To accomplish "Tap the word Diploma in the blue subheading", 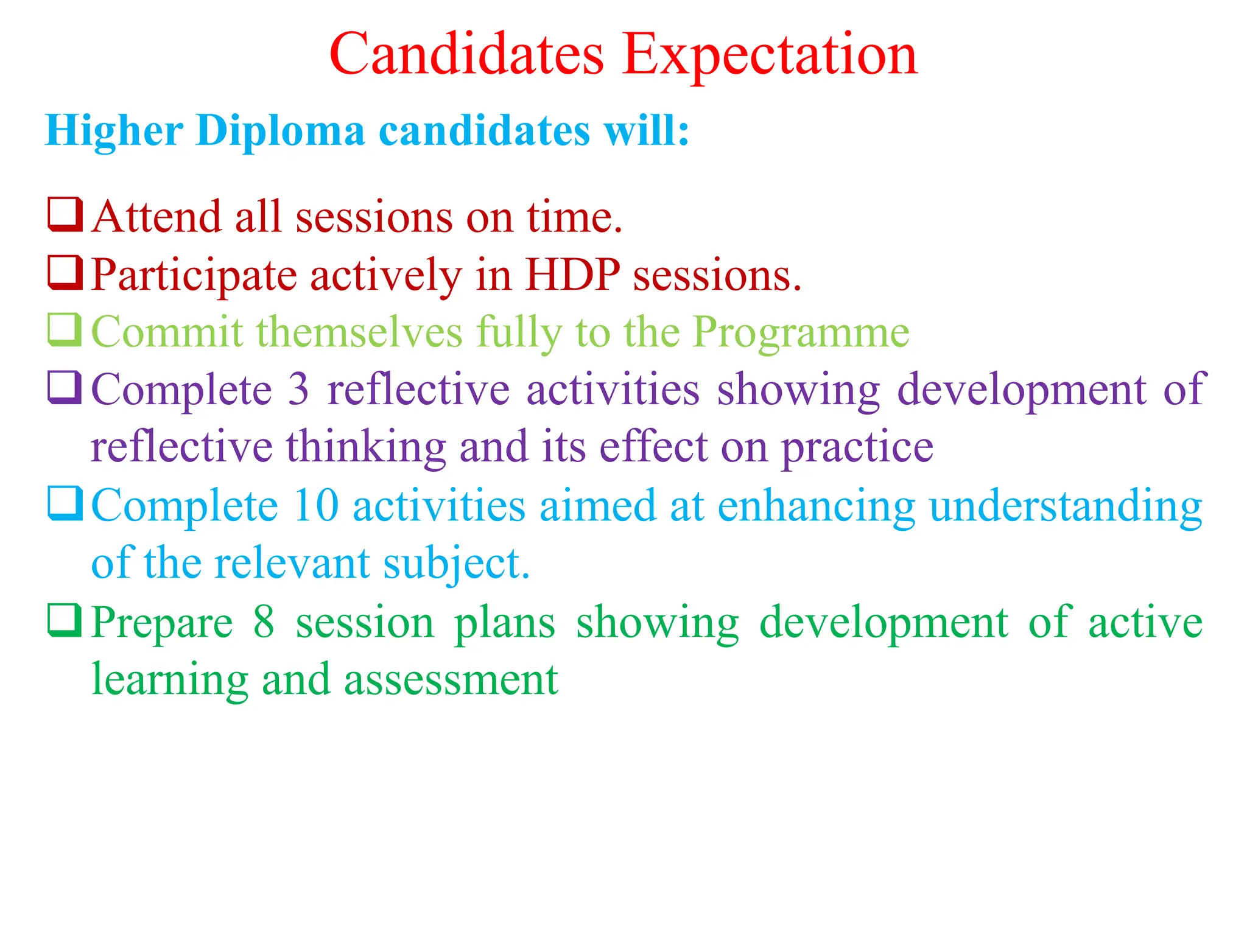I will click(280, 130).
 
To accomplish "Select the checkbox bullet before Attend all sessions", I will click(65, 214).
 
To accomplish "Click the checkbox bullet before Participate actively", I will click(65, 272).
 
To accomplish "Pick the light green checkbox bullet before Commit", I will click(65, 329).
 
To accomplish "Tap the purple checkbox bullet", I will click(65, 387).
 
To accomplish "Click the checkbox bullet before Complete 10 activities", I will click(65, 503).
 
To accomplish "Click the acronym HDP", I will click(572, 275).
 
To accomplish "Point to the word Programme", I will click(801, 333).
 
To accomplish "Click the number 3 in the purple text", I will click(298, 390).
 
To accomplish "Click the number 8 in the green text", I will click(264, 622).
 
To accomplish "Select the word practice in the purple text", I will click(857, 447).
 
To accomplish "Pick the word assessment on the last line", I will click(451, 680).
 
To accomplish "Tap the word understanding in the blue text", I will click(1066, 506).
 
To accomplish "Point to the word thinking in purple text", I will click(366, 447).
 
